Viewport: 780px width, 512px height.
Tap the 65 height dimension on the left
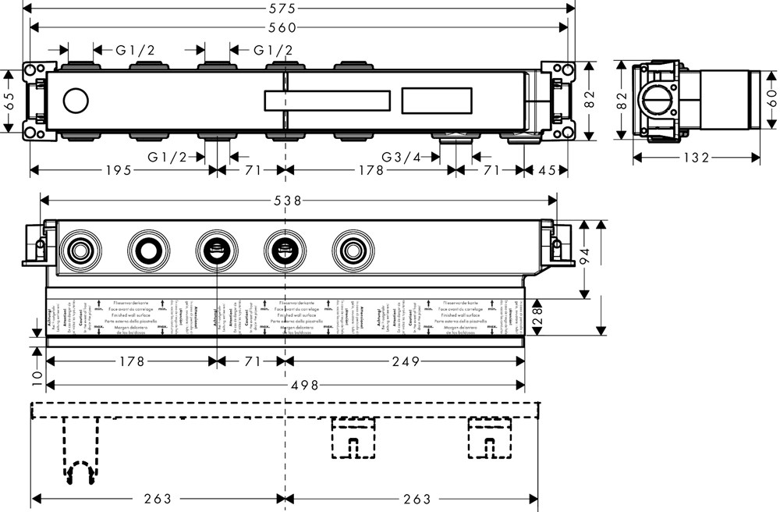[x=9, y=101]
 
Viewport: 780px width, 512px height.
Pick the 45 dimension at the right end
[x=546, y=171]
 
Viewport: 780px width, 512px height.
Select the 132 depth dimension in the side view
[x=696, y=158]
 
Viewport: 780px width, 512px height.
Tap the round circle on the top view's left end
[x=76, y=101]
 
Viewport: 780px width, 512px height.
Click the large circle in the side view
[x=654, y=102]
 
